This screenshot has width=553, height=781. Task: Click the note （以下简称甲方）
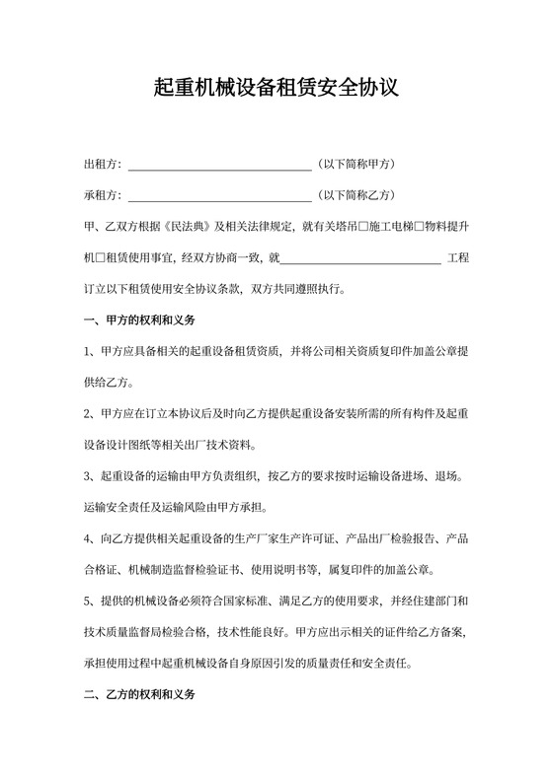[355, 164]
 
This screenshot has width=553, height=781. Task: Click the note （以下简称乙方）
[355, 195]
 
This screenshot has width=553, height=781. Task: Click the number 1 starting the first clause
[89, 352]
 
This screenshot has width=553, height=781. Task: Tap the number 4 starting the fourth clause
[89, 539]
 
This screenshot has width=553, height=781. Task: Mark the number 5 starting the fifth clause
[89, 602]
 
